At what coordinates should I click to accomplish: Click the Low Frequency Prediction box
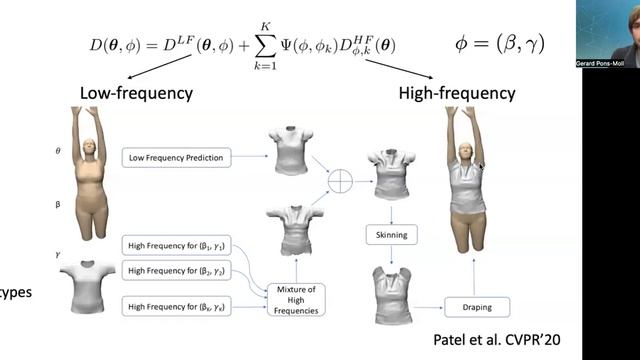[x=176, y=157]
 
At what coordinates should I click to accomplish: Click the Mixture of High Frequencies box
[x=295, y=300]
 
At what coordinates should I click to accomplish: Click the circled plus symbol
[x=342, y=181]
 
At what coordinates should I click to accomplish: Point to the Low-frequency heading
[x=136, y=93]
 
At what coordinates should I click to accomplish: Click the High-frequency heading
[x=456, y=93]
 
